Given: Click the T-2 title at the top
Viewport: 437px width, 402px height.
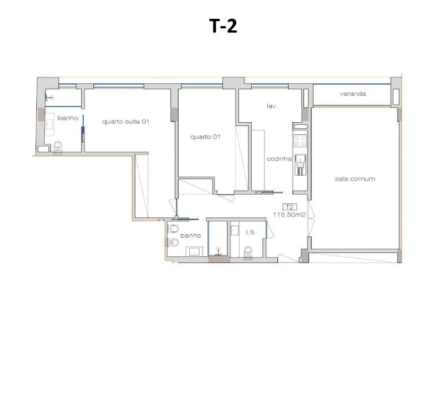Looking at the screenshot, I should [x=224, y=26].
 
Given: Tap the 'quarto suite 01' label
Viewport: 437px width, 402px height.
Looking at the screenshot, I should [x=125, y=121].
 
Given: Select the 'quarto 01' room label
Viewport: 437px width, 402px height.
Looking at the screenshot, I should [x=205, y=136].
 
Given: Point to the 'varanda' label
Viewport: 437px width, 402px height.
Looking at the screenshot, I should [x=352, y=94].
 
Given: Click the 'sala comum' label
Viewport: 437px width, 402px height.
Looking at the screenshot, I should [x=354, y=179].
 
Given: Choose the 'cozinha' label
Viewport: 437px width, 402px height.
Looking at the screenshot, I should [x=278, y=158].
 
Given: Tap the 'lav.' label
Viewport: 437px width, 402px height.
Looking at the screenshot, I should [x=272, y=106].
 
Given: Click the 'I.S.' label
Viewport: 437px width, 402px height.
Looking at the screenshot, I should [x=250, y=232].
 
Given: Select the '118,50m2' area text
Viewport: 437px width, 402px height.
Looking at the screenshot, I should [x=289, y=215].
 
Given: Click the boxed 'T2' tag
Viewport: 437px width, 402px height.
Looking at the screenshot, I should [x=290, y=207].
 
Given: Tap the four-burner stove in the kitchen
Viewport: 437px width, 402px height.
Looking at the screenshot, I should [x=300, y=141].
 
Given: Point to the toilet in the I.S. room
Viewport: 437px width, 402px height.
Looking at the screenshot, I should [x=248, y=252].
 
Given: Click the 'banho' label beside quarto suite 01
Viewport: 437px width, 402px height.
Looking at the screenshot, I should [x=68, y=118].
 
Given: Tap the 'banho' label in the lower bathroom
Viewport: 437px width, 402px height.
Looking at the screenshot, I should [x=191, y=236].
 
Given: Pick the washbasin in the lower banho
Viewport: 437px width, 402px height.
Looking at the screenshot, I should [x=195, y=252].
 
